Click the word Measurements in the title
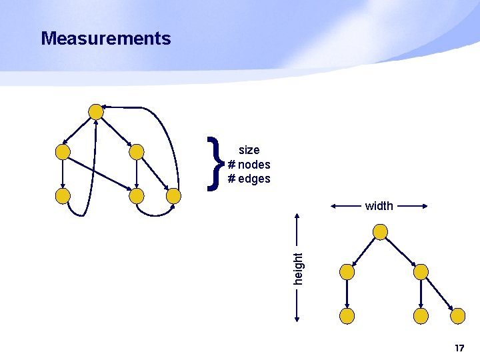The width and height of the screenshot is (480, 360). (x=105, y=39)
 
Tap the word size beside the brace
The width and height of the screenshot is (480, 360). (x=249, y=150)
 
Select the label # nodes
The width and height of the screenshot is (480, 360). (x=249, y=165)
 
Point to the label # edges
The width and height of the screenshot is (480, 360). (x=249, y=179)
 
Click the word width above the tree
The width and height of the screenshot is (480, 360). (x=379, y=206)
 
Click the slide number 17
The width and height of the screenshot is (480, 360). (x=459, y=348)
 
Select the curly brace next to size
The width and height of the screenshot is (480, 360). (x=214, y=163)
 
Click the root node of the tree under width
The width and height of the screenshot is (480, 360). (x=380, y=232)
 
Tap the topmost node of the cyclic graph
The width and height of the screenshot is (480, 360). (x=97, y=111)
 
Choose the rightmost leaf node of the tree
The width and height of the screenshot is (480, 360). (x=457, y=315)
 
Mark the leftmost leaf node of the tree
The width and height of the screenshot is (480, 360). (x=347, y=315)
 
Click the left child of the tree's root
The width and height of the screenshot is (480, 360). (x=347, y=271)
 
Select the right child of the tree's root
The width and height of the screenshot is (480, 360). (x=421, y=271)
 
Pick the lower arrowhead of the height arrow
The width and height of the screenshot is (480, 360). (x=298, y=320)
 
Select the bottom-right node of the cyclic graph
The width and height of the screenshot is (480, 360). (x=173, y=196)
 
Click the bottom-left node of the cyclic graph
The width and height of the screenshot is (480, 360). (x=63, y=196)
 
